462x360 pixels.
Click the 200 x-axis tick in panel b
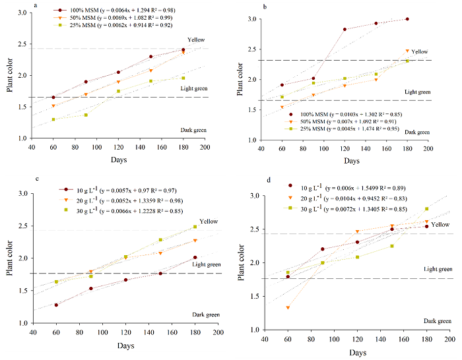point(428,150)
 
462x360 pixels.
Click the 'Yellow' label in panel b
point(420,51)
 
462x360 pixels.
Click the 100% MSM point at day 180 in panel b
point(407,19)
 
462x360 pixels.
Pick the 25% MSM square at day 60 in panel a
point(53,119)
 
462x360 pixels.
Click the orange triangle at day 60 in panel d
point(288,307)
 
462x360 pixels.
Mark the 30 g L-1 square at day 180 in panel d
point(427,209)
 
